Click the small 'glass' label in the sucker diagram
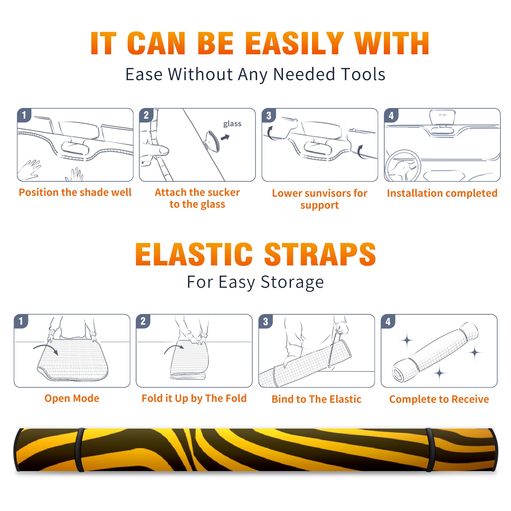(x=232, y=124)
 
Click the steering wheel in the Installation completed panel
(x=402, y=166)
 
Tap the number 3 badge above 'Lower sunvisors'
(x=269, y=115)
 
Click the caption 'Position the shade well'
(x=75, y=192)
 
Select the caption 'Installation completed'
(x=442, y=193)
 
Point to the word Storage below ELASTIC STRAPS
(x=292, y=282)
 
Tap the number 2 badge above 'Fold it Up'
(x=143, y=321)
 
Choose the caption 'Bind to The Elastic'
(x=316, y=399)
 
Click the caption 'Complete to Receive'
(x=439, y=399)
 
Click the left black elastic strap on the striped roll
(x=80, y=450)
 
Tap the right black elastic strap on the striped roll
(x=431, y=450)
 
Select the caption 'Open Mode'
(x=72, y=398)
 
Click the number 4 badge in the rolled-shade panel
(x=388, y=321)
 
